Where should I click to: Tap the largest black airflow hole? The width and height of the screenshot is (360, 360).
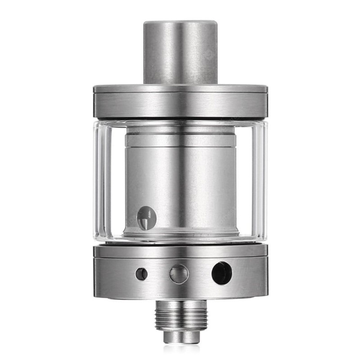tap(221, 273)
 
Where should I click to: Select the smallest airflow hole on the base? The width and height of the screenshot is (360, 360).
tap(141, 274)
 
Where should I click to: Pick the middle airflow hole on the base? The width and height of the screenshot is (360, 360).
tap(179, 274)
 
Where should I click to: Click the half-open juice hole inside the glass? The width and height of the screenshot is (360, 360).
tap(146, 218)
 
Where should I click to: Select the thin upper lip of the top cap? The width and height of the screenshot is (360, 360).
tap(180, 89)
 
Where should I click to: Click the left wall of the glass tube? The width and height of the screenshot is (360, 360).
tap(100, 180)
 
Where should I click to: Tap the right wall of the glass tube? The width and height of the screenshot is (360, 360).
tap(261, 180)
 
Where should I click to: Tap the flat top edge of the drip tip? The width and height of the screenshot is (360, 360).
tap(180, 22)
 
